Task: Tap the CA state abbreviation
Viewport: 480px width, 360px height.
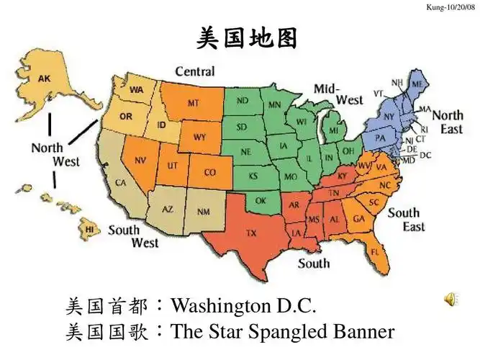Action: pyautogui.click(x=121, y=183)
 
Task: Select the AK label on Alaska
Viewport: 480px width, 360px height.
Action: pyautogui.click(x=45, y=78)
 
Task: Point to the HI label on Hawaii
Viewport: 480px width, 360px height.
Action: pyautogui.click(x=89, y=229)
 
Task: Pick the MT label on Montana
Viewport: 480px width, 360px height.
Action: pyautogui.click(x=194, y=104)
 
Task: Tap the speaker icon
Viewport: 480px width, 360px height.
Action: pyautogui.click(x=450, y=300)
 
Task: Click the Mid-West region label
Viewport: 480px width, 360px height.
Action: pyautogui.click(x=338, y=94)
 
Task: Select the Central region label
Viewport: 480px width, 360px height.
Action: pyautogui.click(x=194, y=71)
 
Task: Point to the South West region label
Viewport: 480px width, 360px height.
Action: pyautogui.click(x=133, y=237)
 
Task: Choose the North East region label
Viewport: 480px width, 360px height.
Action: pyautogui.click(x=447, y=122)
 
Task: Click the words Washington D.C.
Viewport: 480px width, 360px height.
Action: pyautogui.click(x=244, y=306)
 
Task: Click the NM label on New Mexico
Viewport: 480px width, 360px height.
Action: pyautogui.click(x=204, y=212)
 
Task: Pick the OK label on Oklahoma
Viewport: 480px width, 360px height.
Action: pyautogui.click(x=261, y=200)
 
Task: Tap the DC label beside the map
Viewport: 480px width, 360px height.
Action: pyautogui.click(x=425, y=155)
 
